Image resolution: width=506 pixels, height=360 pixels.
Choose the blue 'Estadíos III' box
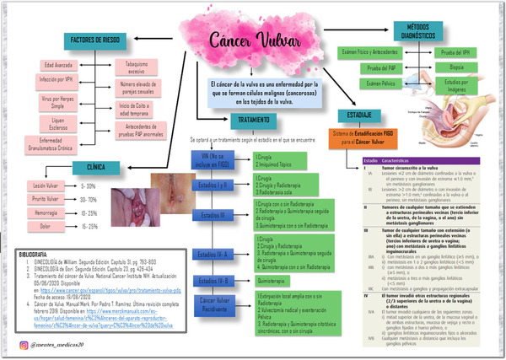[x=217, y=215]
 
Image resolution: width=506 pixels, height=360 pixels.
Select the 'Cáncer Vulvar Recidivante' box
[x=217, y=304]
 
